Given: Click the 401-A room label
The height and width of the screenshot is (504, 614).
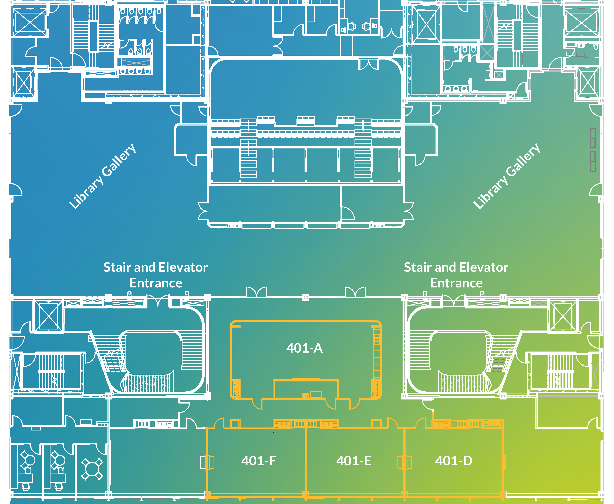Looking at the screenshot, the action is [x=304, y=348].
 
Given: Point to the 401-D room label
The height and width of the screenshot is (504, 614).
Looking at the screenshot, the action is [x=454, y=461].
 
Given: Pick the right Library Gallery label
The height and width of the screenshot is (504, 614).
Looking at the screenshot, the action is [x=506, y=176].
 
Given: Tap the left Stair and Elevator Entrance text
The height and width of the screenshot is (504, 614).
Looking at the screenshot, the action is [x=156, y=275].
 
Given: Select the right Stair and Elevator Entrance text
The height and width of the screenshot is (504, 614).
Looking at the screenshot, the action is [x=456, y=275].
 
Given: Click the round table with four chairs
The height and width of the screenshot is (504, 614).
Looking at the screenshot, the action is [x=92, y=469].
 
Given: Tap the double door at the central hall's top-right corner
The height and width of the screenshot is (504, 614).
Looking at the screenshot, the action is [x=369, y=64].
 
